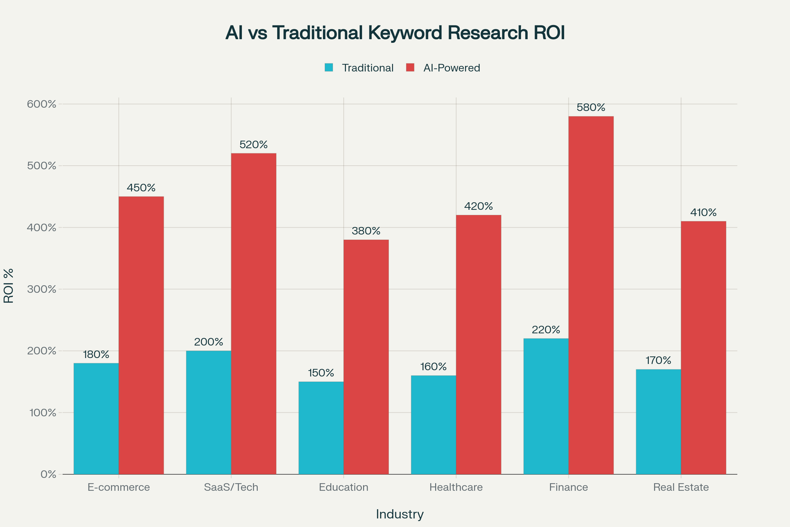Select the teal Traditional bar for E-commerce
(x=96, y=418)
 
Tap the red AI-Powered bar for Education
(x=366, y=357)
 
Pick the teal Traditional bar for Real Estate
(x=658, y=422)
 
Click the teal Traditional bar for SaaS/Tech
(x=209, y=412)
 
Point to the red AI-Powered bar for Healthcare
(x=479, y=345)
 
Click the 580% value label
(x=591, y=108)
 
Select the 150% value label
(x=321, y=373)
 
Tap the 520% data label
(x=253, y=145)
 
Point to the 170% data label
(x=658, y=361)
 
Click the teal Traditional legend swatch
(x=329, y=68)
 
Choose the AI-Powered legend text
(x=452, y=68)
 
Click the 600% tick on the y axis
(x=41, y=104)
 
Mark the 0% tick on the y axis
(x=48, y=474)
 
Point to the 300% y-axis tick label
(x=41, y=289)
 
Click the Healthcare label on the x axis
(x=456, y=487)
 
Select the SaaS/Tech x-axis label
(x=231, y=487)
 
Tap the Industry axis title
(x=400, y=514)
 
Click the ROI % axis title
(x=9, y=286)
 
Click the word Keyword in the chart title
(x=405, y=33)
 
